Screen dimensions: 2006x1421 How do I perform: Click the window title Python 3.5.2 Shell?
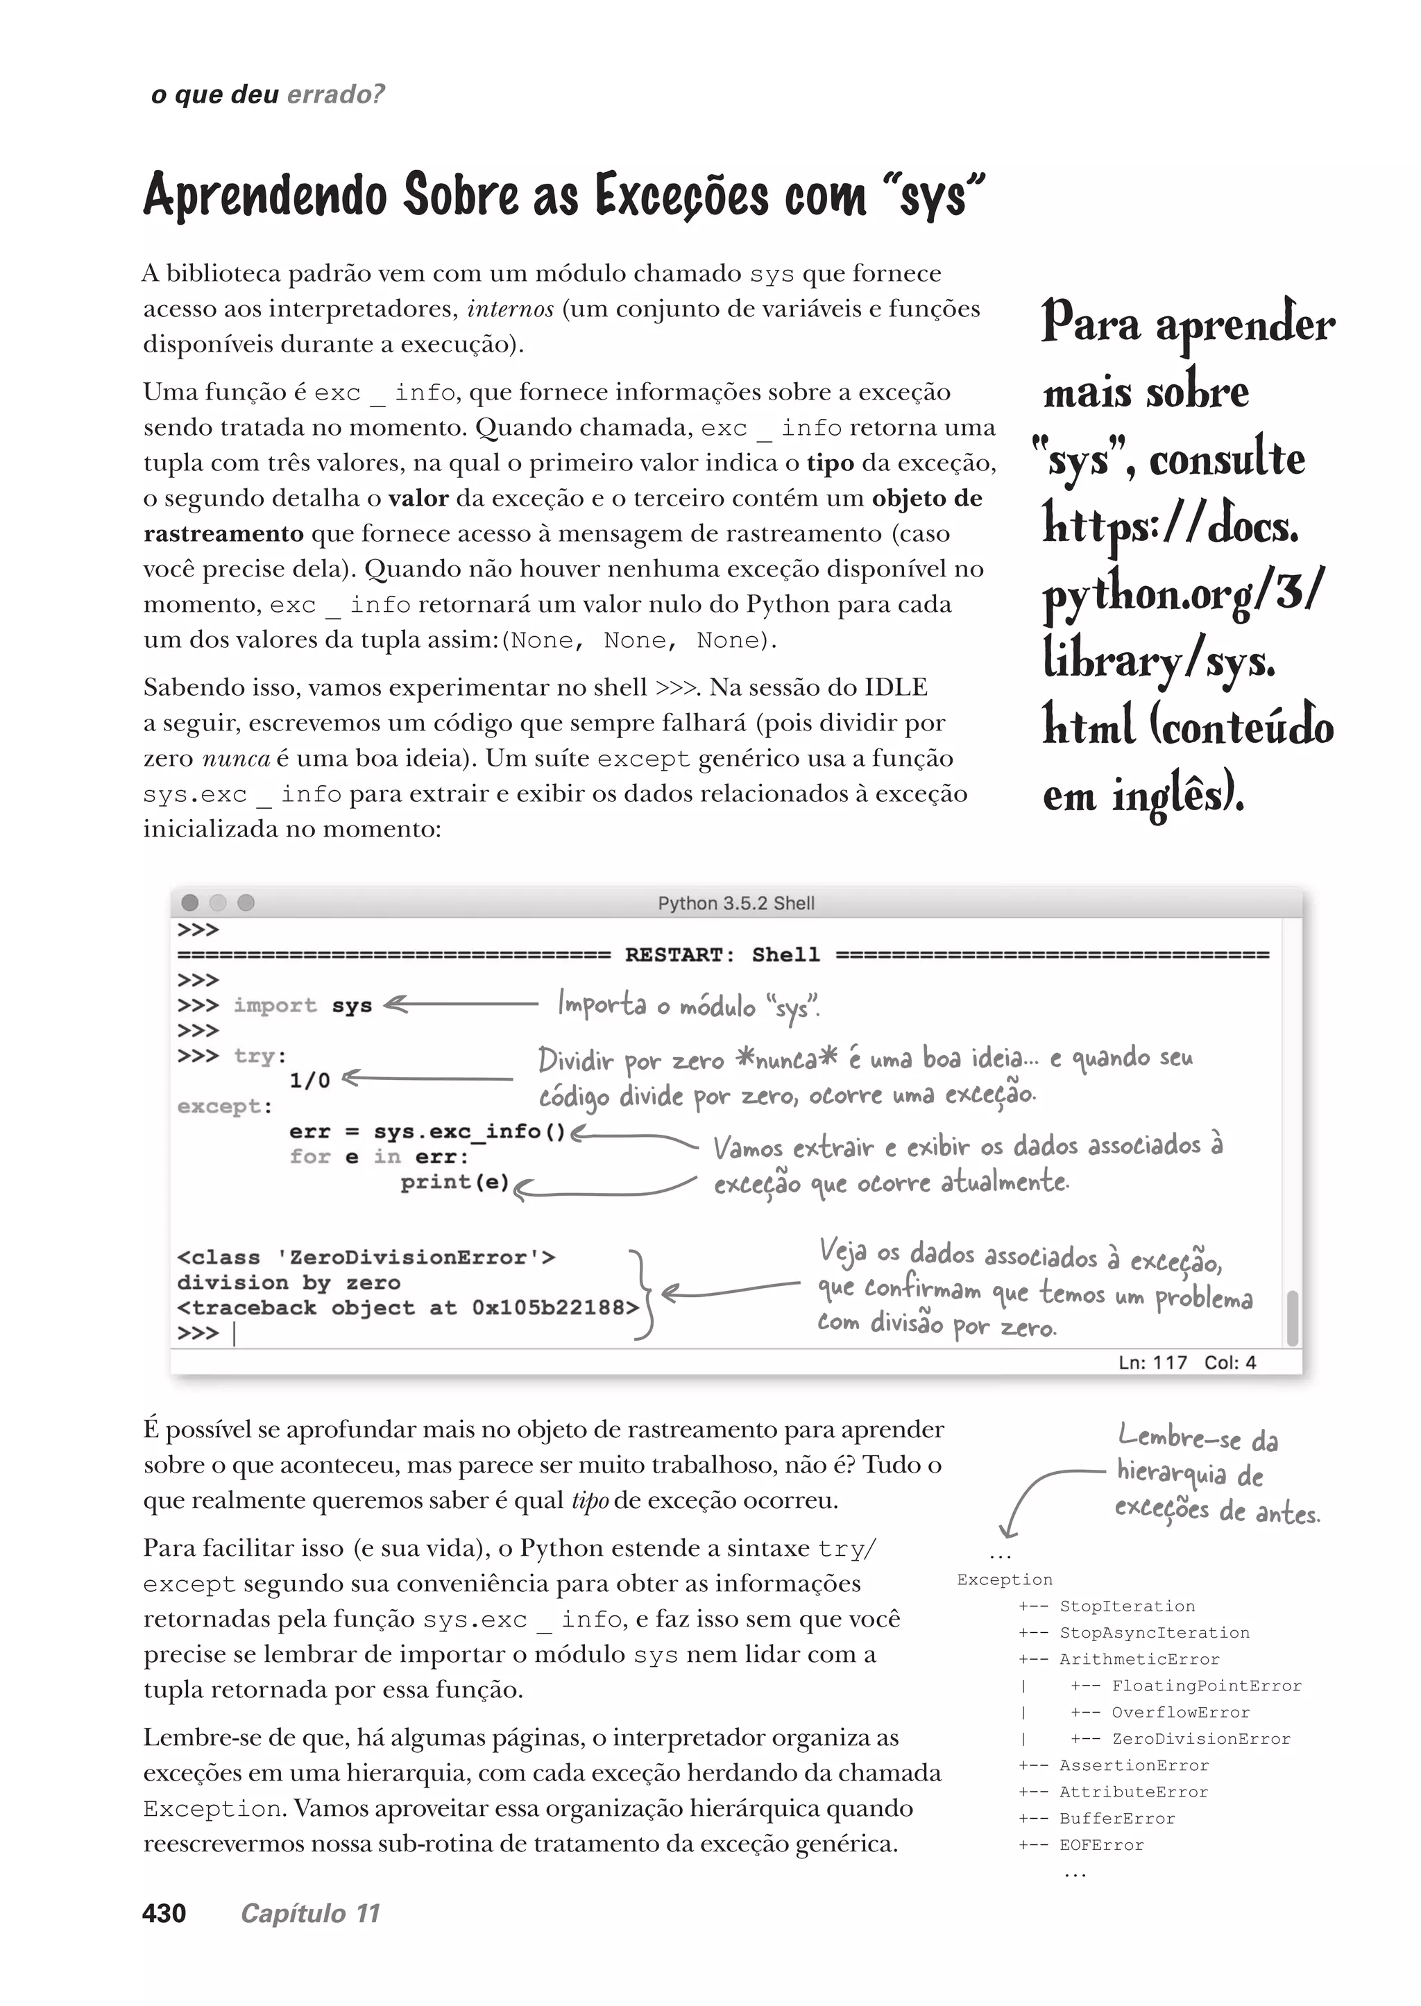pyautogui.click(x=736, y=903)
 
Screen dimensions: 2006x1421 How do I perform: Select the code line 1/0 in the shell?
pyautogui.click(x=309, y=1081)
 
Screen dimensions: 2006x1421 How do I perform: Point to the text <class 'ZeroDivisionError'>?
pyautogui.click(x=366, y=1257)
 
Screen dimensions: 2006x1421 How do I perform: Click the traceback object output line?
pyautogui.click(x=408, y=1308)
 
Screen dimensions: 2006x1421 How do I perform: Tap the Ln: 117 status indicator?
pyautogui.click(x=1152, y=1362)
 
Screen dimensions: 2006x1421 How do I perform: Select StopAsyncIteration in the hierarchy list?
pyautogui.click(x=1154, y=1632)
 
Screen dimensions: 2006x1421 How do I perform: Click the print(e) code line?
pyautogui.click(x=455, y=1183)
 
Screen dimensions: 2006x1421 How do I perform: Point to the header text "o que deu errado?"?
pyautogui.click(x=268, y=94)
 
